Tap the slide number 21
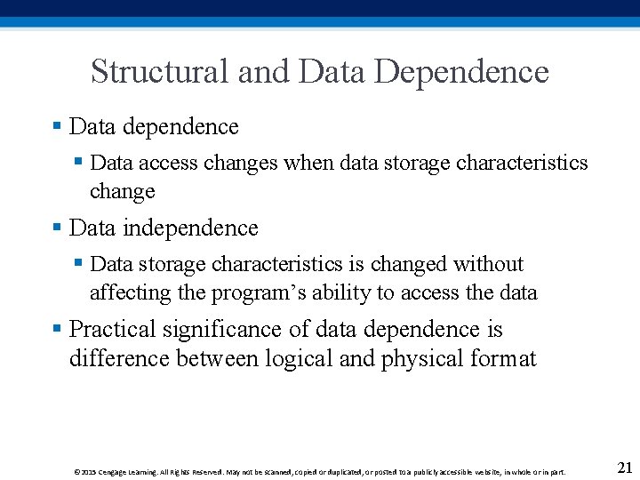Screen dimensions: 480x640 624,468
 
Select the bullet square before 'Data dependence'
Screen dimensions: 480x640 57,126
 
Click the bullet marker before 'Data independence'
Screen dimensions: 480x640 57,228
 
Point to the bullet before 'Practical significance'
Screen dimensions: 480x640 57,329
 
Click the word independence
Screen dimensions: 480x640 190,228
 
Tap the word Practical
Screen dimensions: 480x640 113,330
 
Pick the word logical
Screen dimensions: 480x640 293,358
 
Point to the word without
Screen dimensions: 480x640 488,264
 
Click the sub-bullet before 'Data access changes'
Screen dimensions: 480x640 78,162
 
